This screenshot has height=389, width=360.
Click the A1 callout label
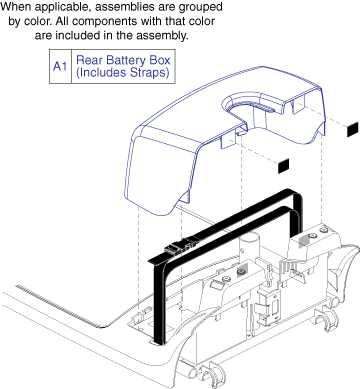coord(60,66)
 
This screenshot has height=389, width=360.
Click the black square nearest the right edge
coord(352,129)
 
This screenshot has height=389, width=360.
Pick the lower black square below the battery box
coord(283,166)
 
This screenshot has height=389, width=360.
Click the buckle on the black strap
coord(179,247)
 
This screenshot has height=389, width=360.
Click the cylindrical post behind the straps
coord(248,247)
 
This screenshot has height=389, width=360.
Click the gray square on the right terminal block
coord(304,242)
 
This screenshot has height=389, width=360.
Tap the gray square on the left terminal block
coord(242,270)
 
